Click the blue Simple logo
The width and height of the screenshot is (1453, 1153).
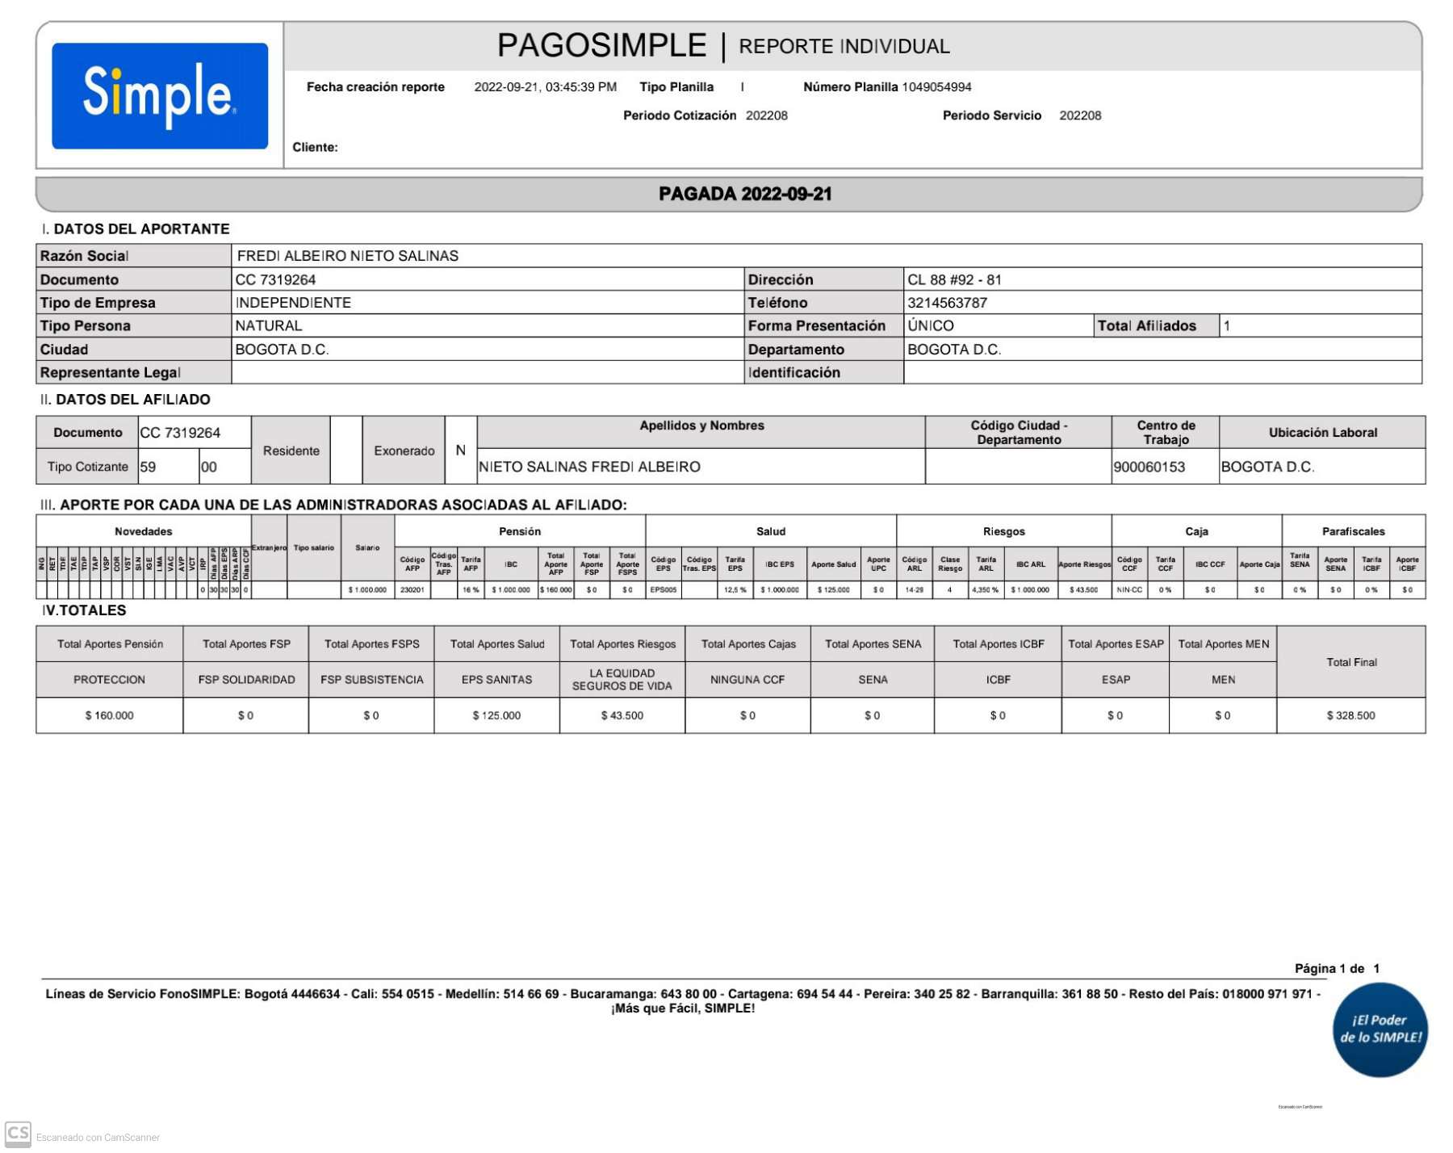[160, 95]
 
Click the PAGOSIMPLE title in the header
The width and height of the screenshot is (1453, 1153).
[601, 46]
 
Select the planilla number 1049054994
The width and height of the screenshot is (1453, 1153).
[936, 87]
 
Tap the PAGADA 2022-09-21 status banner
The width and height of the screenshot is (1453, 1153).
[744, 194]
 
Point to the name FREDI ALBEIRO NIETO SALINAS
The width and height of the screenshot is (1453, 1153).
[348, 256]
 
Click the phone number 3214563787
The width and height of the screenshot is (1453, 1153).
[947, 303]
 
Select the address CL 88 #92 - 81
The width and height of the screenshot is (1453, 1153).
[954, 280]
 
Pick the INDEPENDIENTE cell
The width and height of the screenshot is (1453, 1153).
[293, 303]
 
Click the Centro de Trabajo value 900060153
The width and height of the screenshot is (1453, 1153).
[1149, 467]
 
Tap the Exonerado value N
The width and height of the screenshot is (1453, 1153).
[460, 451]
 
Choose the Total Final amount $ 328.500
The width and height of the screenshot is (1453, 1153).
[1350, 715]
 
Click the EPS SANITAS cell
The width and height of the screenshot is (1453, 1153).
[496, 680]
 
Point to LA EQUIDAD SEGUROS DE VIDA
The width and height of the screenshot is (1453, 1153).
[622, 680]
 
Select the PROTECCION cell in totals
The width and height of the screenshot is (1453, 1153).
[109, 680]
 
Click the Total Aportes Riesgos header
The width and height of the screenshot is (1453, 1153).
[622, 644]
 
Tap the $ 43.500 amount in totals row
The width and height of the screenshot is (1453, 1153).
[622, 715]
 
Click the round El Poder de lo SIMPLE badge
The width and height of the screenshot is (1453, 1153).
[1380, 1029]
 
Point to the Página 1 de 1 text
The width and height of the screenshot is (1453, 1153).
[1337, 968]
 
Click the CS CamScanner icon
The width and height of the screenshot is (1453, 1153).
[18, 1134]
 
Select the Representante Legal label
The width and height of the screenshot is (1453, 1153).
[111, 372]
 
